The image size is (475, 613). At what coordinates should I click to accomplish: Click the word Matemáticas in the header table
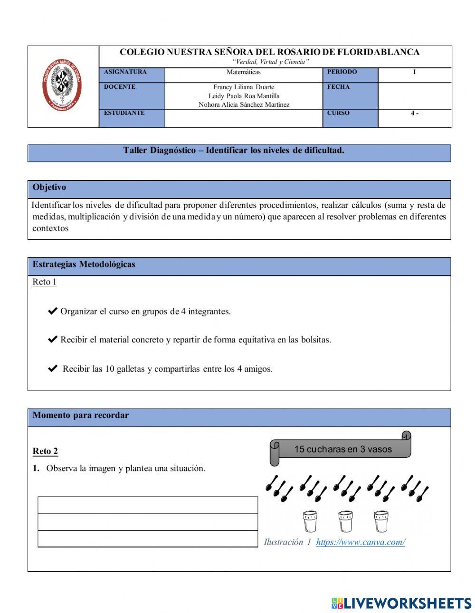[243, 72]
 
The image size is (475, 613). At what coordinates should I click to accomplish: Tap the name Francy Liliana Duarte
[244, 87]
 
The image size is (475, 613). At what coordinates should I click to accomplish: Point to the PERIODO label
[342, 72]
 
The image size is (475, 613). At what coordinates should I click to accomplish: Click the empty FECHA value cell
[414, 95]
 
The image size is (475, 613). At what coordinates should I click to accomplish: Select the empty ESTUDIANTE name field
[243, 118]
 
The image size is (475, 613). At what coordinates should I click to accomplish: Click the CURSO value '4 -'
[414, 113]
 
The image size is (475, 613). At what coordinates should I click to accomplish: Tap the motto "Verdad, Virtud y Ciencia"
[270, 62]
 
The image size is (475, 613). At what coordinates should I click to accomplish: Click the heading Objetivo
[49, 188]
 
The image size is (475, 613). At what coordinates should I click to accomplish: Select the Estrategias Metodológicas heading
[84, 265]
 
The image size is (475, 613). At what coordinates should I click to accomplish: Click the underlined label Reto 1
[45, 282]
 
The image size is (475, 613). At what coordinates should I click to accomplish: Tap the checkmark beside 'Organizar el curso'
[53, 311]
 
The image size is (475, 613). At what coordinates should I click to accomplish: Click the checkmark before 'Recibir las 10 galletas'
[53, 368]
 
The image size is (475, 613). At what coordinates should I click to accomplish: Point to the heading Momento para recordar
[81, 415]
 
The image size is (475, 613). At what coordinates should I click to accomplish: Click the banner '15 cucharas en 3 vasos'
[342, 449]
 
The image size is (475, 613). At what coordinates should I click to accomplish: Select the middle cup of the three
[345, 521]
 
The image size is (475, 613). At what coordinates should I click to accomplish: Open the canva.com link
[360, 542]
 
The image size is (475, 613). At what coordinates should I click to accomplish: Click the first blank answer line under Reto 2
[148, 505]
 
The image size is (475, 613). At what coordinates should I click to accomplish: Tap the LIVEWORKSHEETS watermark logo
[401, 603]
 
